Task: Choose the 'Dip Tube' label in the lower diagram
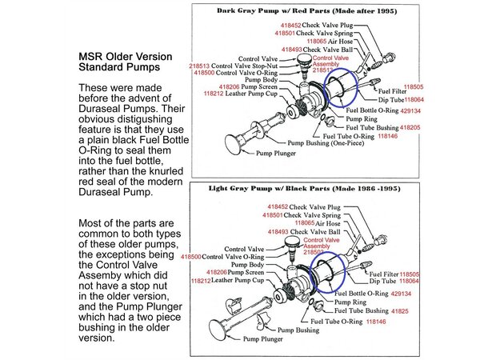pos(383,282)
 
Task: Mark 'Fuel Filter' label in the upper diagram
pos(382,91)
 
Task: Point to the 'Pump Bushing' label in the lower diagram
pos(299,330)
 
